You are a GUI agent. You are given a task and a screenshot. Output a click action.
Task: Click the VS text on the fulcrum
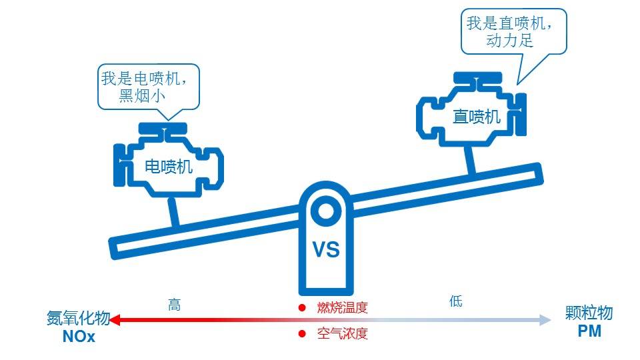(326, 250)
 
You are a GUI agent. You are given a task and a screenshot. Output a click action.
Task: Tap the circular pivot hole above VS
(326, 212)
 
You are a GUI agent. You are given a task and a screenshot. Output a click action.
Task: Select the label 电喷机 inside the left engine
(169, 167)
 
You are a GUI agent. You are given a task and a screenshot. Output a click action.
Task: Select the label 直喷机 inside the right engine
(476, 117)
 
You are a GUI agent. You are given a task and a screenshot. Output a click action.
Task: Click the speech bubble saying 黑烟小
(149, 86)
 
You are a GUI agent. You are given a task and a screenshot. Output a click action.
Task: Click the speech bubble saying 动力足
(513, 32)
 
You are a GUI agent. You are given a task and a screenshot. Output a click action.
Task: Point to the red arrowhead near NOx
(115, 321)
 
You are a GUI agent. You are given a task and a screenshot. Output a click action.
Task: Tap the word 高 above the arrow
(175, 305)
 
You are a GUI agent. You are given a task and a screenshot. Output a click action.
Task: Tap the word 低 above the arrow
(456, 301)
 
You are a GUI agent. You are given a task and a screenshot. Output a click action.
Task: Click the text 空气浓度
(342, 333)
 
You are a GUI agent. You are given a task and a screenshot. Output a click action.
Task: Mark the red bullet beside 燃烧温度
(302, 307)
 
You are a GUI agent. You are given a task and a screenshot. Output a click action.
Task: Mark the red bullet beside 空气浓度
(302, 333)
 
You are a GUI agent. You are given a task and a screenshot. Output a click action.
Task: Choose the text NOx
(79, 337)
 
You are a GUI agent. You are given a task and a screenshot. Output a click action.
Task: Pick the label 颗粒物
(589, 314)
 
